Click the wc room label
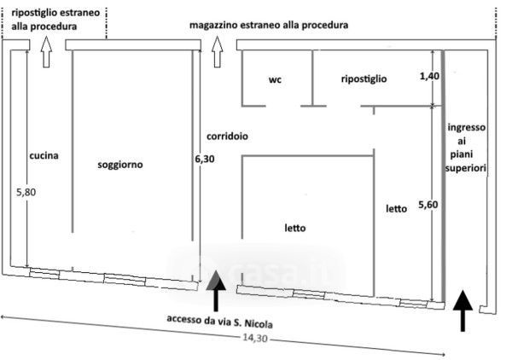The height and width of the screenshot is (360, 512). [275, 79]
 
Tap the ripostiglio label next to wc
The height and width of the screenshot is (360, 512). [364, 78]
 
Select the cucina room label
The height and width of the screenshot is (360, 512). [44, 155]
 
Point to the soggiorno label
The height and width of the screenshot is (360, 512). [120, 164]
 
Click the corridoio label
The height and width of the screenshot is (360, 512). [227, 136]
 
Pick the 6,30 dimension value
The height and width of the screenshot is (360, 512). [205, 159]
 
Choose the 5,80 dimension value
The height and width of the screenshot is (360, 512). [26, 192]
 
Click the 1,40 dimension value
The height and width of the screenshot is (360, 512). [429, 77]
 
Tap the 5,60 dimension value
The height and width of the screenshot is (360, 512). [428, 205]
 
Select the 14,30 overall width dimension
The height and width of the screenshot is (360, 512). [254, 338]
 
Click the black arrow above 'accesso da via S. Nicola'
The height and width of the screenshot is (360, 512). [216, 291]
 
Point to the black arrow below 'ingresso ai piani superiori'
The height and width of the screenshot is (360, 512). [463, 311]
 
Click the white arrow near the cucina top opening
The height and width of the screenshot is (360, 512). [46, 52]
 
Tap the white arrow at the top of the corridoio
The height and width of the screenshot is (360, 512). [217, 52]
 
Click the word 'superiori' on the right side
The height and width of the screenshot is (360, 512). [466, 168]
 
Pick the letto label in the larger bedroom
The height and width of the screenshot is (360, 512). [295, 228]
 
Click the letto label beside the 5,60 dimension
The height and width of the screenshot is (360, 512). [397, 208]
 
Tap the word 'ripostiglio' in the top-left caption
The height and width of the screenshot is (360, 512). [33, 14]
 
